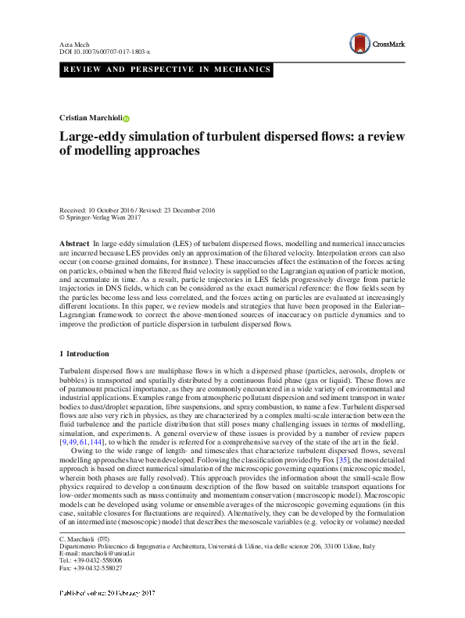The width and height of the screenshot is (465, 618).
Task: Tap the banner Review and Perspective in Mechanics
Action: (x=166, y=70)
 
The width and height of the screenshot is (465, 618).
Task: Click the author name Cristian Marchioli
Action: (x=91, y=117)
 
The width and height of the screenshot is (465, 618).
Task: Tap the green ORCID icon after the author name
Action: (x=127, y=118)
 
